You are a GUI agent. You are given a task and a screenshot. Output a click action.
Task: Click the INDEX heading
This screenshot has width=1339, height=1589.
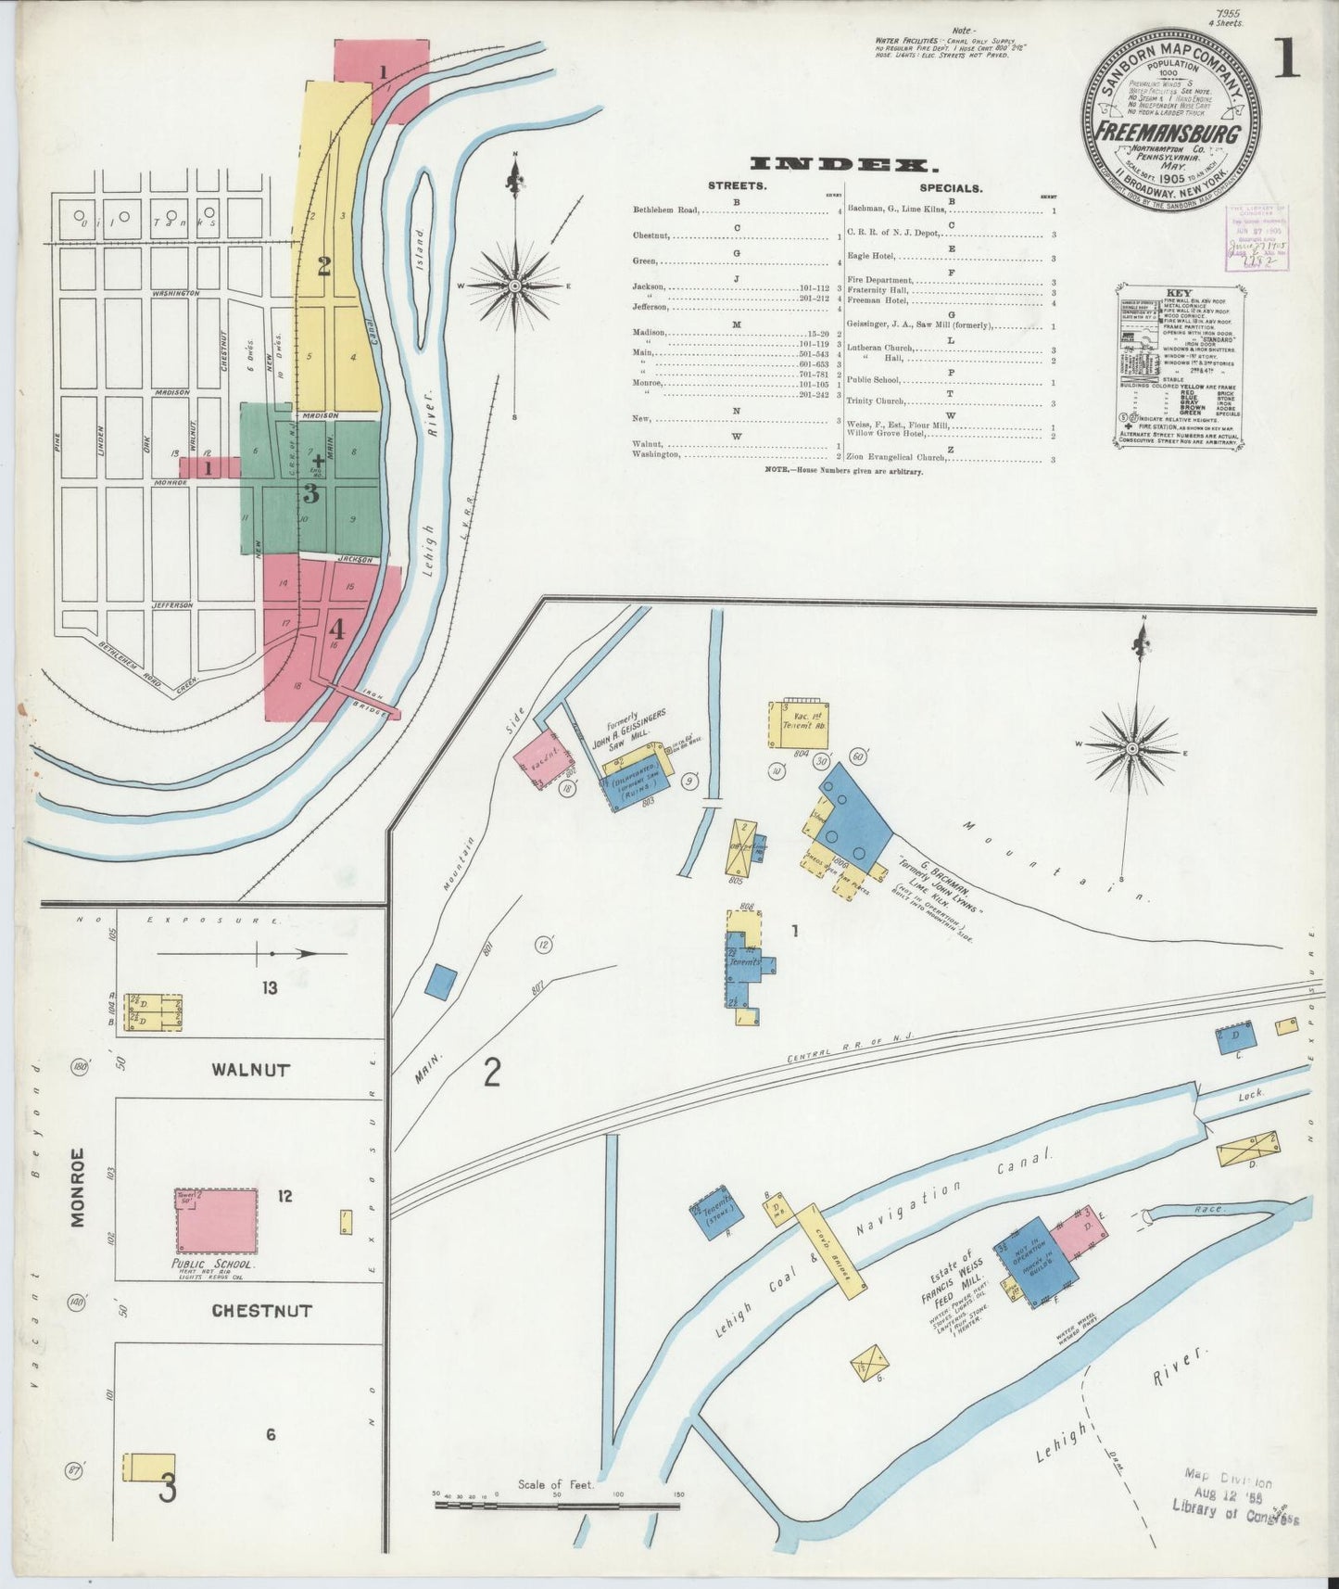pos(840,165)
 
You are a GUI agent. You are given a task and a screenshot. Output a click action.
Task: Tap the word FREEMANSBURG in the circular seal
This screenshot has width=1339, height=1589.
pos(1168,133)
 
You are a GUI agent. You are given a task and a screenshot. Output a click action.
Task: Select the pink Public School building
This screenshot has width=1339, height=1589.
pos(218,1220)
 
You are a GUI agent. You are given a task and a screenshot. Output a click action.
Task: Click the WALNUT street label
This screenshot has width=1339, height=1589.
pos(250,1069)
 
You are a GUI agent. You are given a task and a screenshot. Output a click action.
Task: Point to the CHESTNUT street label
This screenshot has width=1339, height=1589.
pos(261,1311)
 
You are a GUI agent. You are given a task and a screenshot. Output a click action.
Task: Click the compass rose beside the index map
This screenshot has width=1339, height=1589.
pos(514,286)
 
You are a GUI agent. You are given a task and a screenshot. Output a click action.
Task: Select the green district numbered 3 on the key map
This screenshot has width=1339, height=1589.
pos(311,493)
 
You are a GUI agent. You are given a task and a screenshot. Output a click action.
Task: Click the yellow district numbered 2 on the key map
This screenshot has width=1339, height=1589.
pos(323,267)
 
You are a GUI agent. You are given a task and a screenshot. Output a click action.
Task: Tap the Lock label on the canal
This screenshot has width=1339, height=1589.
pos(1250,1095)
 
